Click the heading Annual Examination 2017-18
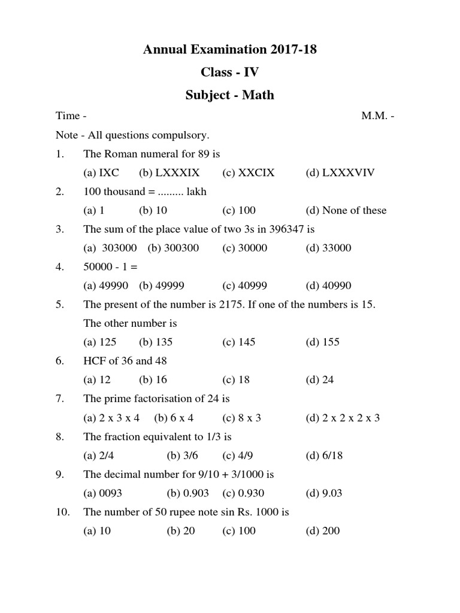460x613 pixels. pyautogui.click(x=230, y=50)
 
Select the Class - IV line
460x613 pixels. pyautogui.click(x=230, y=72)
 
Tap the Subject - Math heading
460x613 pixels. pyautogui.click(x=230, y=95)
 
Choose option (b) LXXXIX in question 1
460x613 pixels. pyautogui.click(x=170, y=173)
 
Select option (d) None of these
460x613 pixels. pyautogui.click(x=346, y=210)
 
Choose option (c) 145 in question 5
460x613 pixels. pyautogui.click(x=238, y=342)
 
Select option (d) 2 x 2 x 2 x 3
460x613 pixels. pyautogui.click(x=343, y=418)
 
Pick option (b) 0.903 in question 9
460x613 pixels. pyautogui.click(x=186, y=493)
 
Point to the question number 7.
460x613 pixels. pyautogui.click(x=59, y=399)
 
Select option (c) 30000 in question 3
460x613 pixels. pyautogui.click(x=245, y=248)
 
